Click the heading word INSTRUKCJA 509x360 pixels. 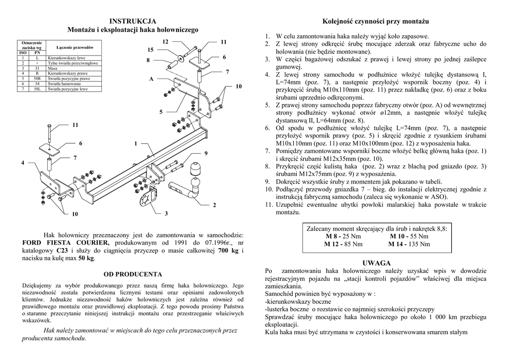pyautogui.click(x=133, y=21)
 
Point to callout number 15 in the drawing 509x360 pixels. pyautogui.click(x=151, y=50)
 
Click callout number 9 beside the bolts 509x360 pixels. pyautogui.click(x=205, y=152)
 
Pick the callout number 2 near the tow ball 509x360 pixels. pyautogui.click(x=215, y=205)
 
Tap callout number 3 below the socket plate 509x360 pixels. pyautogui.click(x=166, y=214)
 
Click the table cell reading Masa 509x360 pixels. pyautogui.click(x=52, y=69)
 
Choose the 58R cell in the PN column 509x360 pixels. pyautogui.click(x=37, y=79)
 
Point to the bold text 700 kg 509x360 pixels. pyautogui.click(x=229, y=251)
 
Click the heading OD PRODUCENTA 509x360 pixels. pyautogui.click(x=133, y=274)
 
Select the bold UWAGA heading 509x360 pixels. pyautogui.click(x=377, y=263)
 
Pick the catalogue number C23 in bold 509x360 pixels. pyautogui.click(x=62, y=251)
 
